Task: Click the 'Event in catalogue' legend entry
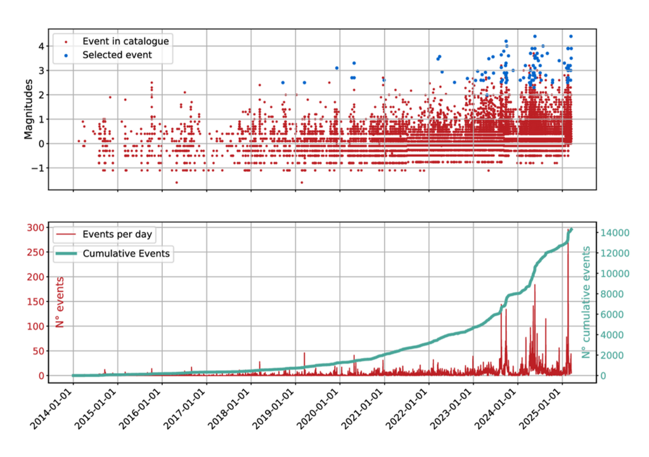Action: click(125, 41)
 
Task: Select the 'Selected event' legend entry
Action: click(117, 55)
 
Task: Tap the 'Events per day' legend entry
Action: click(118, 234)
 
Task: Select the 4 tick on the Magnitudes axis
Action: click(40, 46)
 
